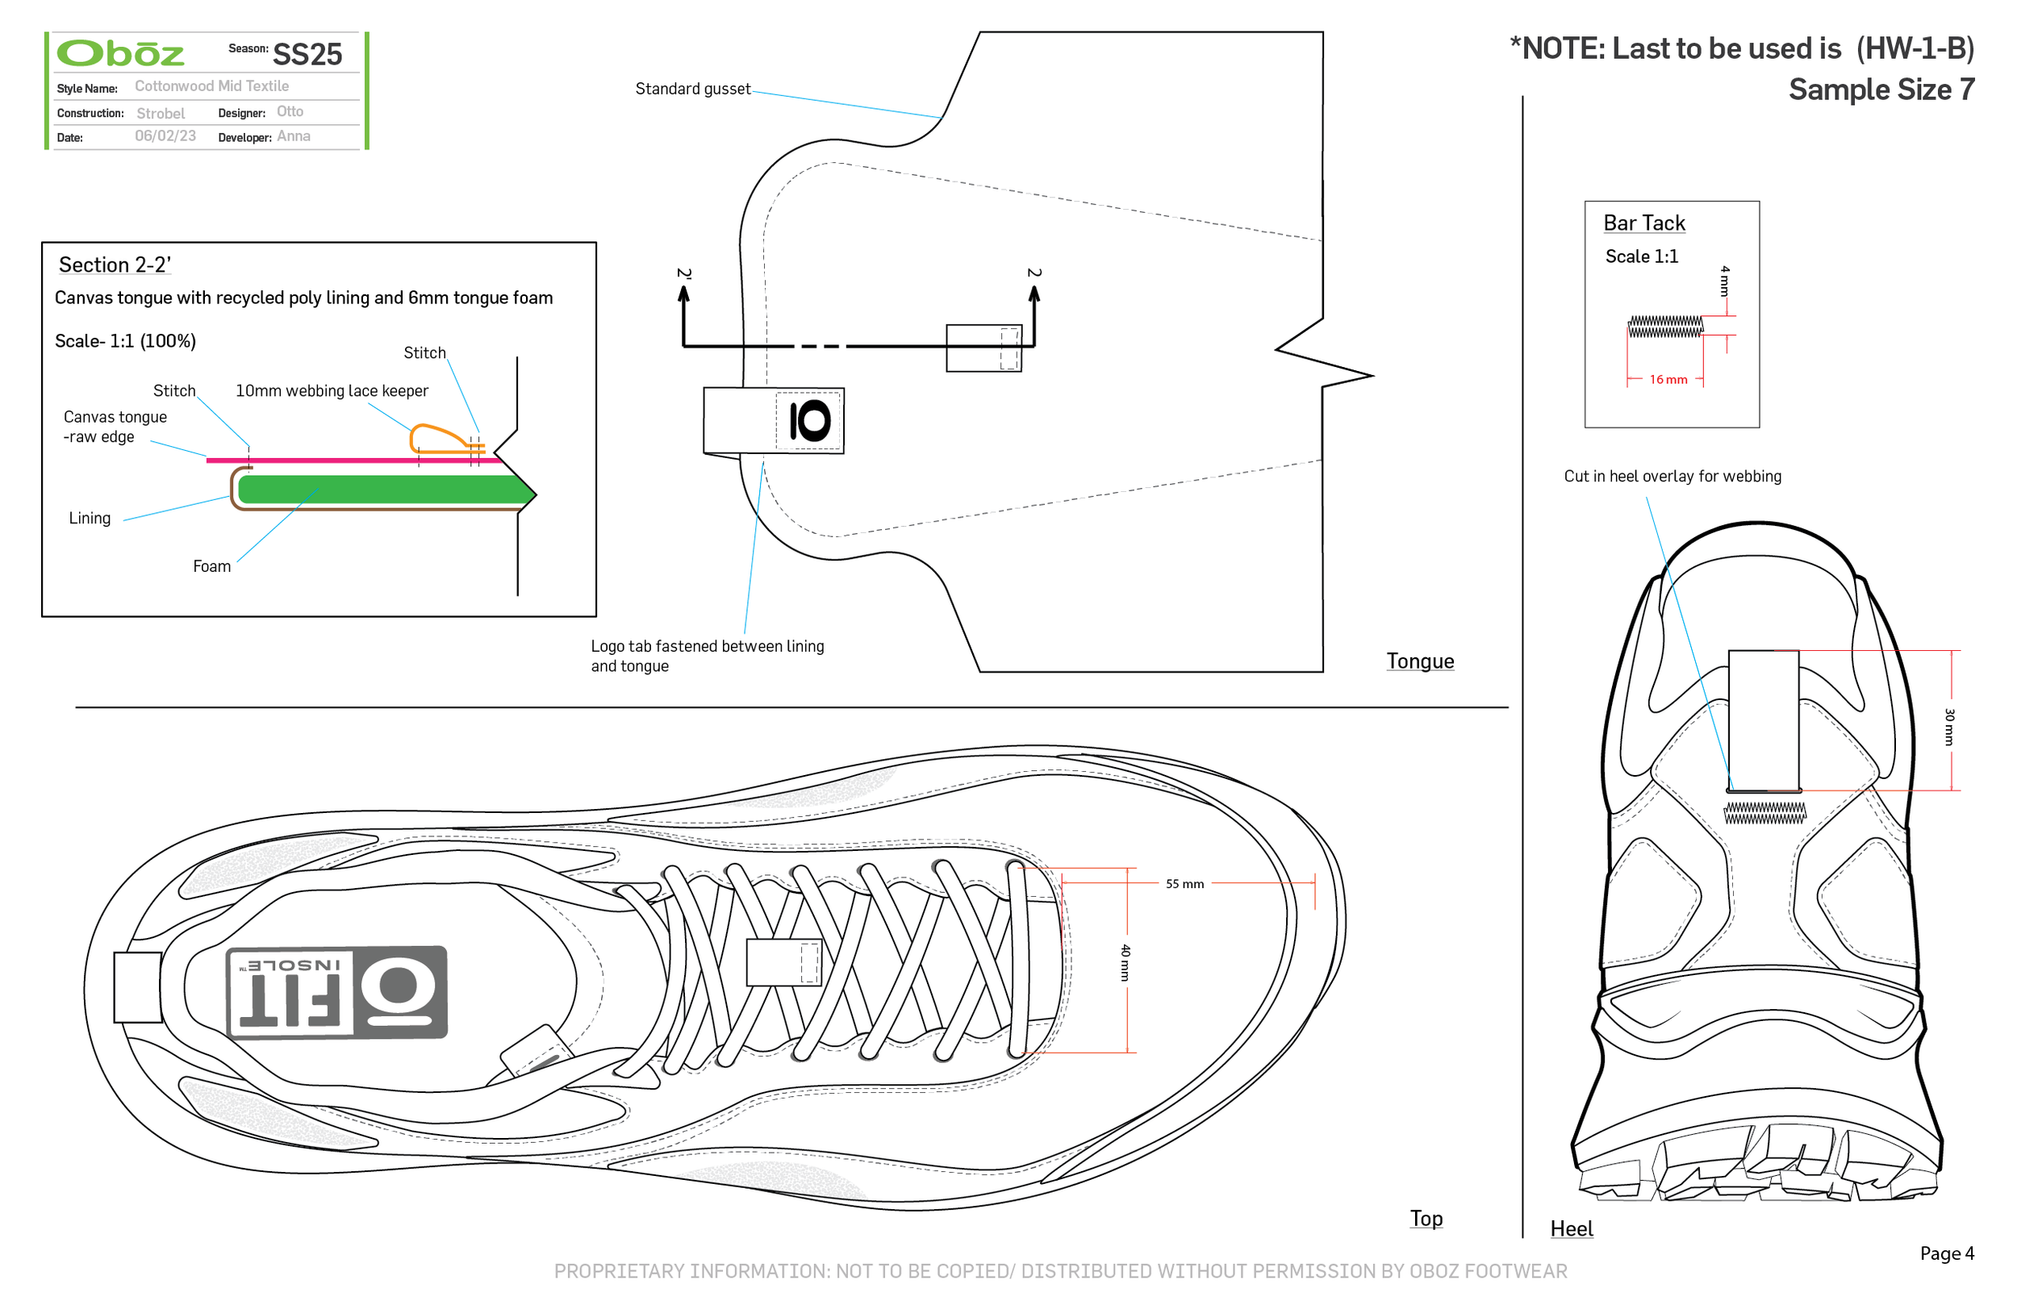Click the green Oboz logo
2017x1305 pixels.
(x=120, y=53)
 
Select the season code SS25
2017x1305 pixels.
(x=307, y=54)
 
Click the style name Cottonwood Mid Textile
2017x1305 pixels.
(x=212, y=86)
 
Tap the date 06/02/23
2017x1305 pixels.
(x=165, y=136)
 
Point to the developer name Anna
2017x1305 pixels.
(x=293, y=136)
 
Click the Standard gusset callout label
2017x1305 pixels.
(x=692, y=89)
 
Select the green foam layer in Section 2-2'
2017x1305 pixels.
(x=382, y=490)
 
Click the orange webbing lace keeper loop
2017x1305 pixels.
(x=439, y=439)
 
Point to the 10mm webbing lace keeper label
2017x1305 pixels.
(x=332, y=390)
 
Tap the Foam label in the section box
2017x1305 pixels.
(x=211, y=566)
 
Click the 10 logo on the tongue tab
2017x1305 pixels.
(x=808, y=421)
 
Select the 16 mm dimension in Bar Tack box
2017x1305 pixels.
(x=1668, y=380)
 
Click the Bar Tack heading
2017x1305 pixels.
(x=1643, y=223)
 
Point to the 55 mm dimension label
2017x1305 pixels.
(x=1184, y=884)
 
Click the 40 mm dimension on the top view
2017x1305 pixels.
(x=1125, y=963)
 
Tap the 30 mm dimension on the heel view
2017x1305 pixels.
(x=1948, y=727)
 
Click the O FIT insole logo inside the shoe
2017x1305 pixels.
(x=337, y=992)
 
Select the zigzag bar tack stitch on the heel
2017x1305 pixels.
(x=1764, y=814)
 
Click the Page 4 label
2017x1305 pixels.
(x=1947, y=1253)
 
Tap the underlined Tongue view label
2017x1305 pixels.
(x=1419, y=661)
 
